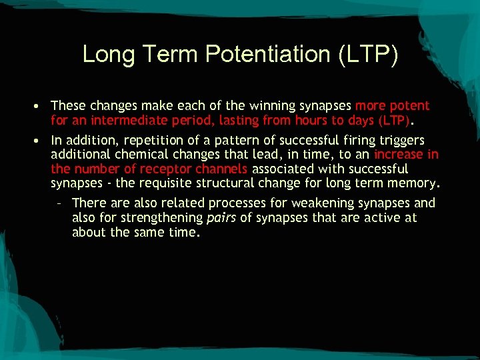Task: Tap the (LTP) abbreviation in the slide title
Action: (x=369, y=54)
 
